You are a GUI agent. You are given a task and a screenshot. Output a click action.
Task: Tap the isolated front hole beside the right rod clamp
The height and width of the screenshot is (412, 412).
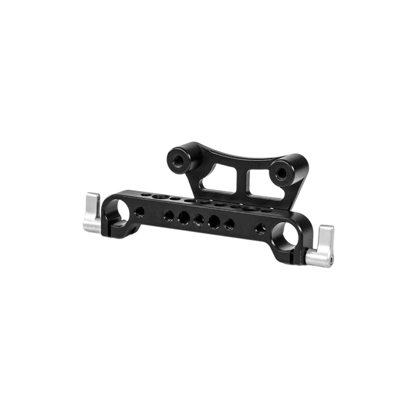[260, 229]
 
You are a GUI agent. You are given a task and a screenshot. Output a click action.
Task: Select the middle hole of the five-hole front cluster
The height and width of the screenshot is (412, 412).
[199, 219]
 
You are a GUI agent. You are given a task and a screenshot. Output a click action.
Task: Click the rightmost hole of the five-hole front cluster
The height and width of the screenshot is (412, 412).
[228, 224]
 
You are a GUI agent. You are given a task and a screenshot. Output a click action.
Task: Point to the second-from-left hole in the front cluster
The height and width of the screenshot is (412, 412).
[184, 217]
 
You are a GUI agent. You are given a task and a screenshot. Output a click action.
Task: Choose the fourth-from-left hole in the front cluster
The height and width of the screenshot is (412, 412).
[214, 222]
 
